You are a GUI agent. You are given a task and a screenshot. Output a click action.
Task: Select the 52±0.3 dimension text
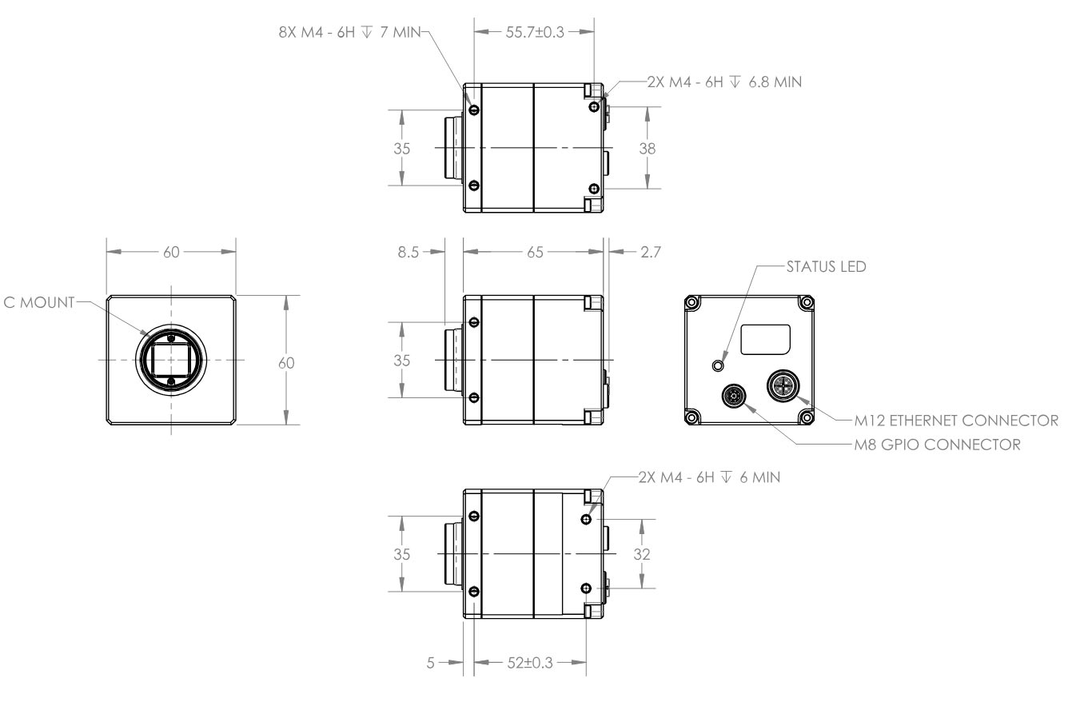530,663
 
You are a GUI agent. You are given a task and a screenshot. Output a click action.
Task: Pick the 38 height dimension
647,148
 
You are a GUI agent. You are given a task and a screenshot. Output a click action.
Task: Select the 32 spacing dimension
643,554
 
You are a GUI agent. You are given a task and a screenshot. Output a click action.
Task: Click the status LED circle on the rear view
718,365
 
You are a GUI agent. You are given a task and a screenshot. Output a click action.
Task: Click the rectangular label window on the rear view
765,340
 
